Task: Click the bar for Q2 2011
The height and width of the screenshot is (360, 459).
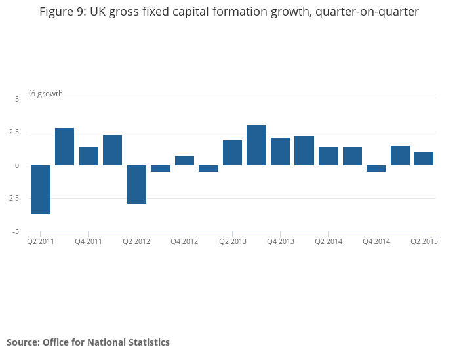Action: point(41,190)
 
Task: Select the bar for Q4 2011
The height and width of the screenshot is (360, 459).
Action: point(89,156)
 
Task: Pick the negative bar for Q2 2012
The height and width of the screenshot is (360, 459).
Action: point(136,184)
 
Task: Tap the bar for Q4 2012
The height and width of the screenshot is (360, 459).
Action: point(184,161)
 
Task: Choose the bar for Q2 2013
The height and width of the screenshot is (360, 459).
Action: point(232,153)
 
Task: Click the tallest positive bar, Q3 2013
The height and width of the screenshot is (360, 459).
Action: point(256,145)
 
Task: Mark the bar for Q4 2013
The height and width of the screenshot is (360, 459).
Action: point(280,151)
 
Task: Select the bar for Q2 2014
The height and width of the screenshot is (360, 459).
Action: point(328,156)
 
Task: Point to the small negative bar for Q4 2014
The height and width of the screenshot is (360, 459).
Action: point(376,169)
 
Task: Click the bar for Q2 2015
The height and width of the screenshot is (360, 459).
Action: point(424,159)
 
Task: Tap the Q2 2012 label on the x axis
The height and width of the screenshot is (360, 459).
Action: point(136,241)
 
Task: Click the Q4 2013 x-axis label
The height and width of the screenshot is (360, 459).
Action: point(281,241)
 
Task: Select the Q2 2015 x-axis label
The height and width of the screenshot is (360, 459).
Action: point(424,241)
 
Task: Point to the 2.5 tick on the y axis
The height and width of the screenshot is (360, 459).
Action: point(14,132)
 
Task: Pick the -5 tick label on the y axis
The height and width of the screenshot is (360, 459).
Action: point(16,232)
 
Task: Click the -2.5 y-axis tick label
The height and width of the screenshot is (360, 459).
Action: point(13,198)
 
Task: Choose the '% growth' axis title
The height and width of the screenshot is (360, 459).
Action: point(46,94)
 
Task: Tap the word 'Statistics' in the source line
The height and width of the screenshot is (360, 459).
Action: point(149,342)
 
